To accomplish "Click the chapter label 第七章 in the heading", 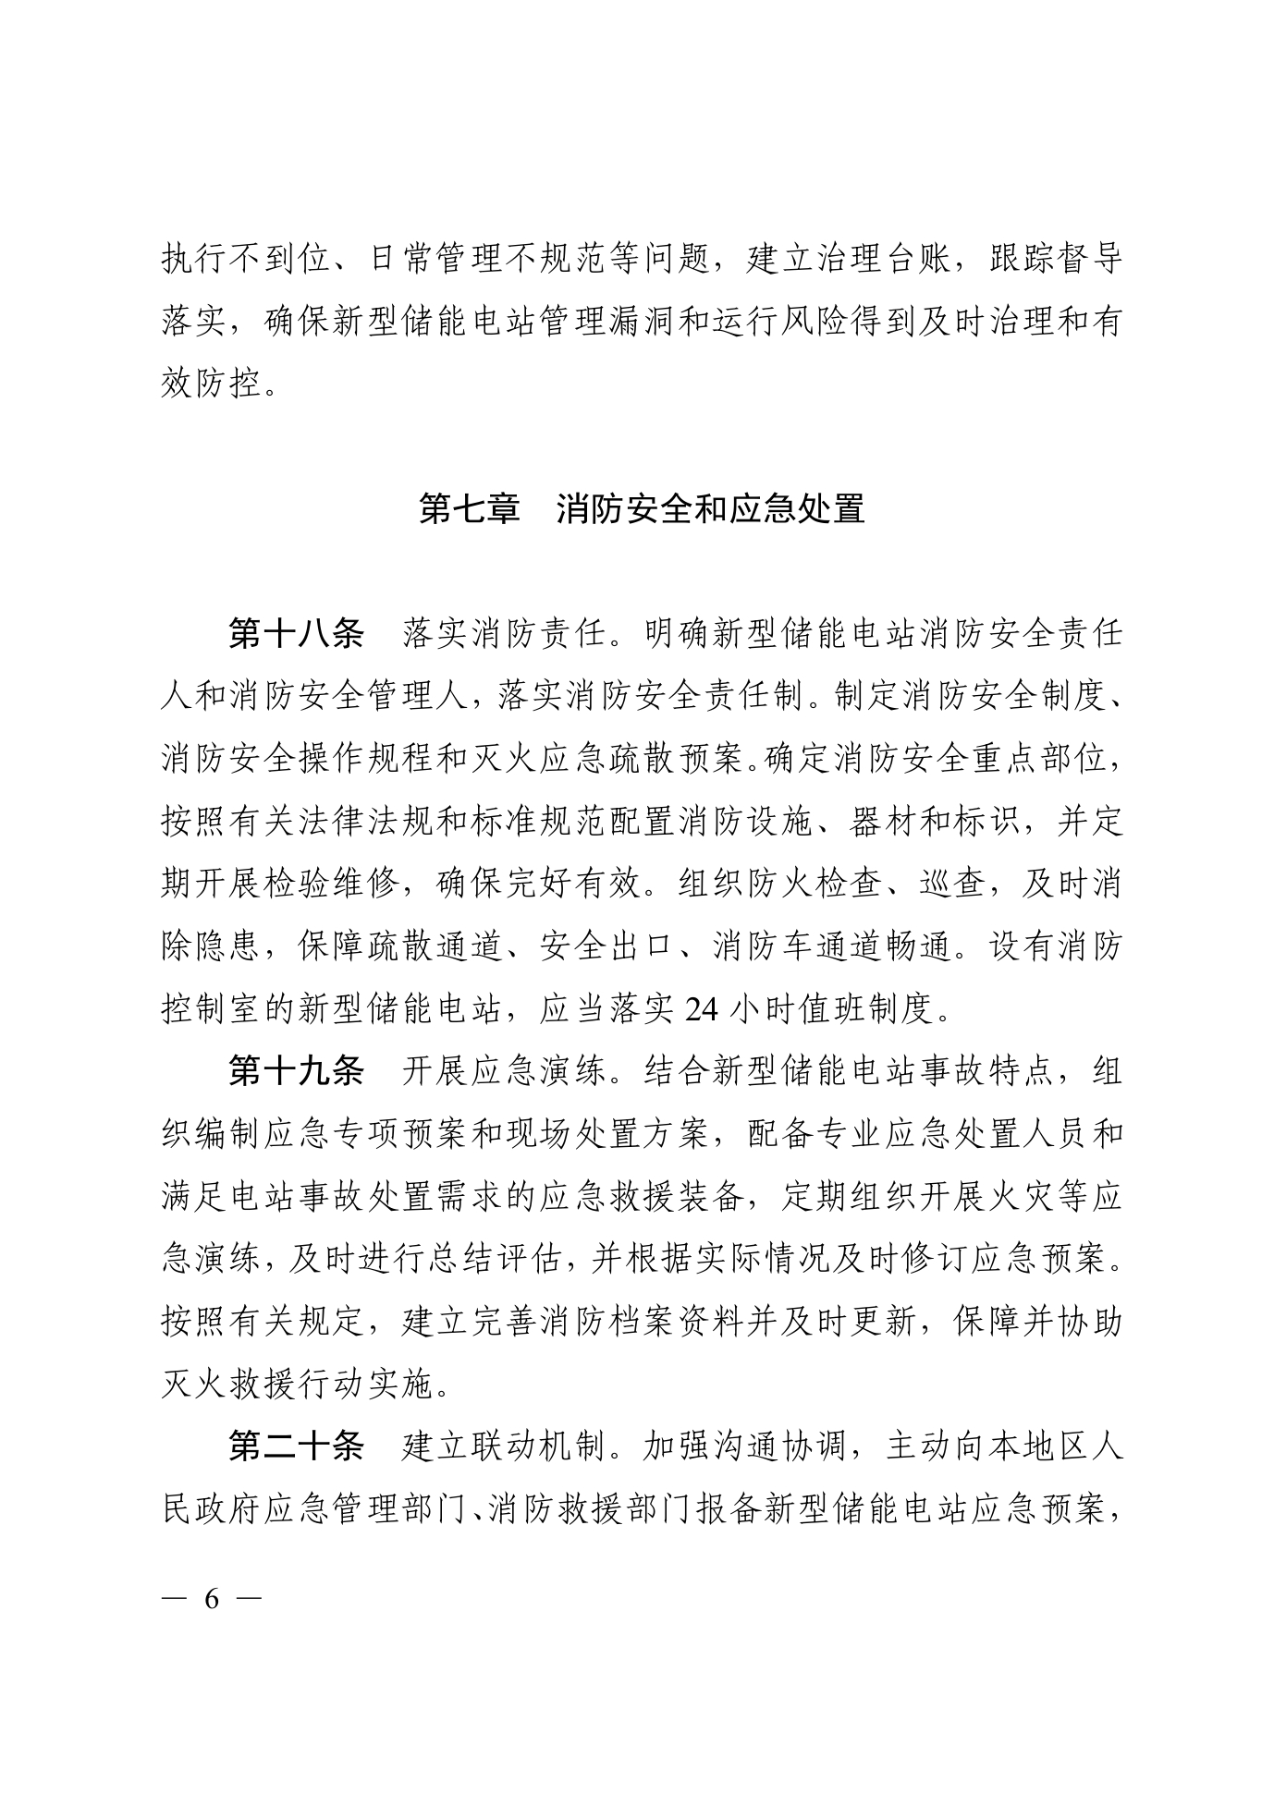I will [x=469, y=509].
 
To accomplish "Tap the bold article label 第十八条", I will [x=296, y=634].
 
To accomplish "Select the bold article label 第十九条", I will [x=296, y=1071].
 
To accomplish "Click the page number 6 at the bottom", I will [x=212, y=1600].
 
